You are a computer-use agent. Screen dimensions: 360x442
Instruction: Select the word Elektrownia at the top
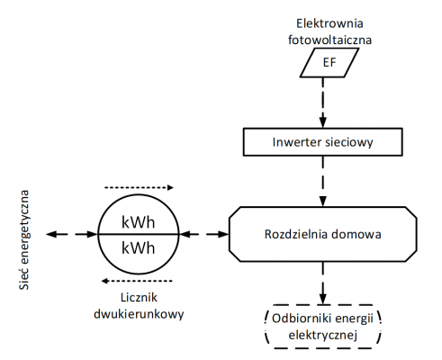pyautogui.click(x=321, y=22)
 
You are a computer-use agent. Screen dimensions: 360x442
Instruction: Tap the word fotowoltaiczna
pyautogui.click(x=321, y=39)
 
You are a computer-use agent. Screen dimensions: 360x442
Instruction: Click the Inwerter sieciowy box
pyautogui.click(x=322, y=141)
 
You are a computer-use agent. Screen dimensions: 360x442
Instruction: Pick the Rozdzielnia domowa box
pyautogui.click(x=322, y=234)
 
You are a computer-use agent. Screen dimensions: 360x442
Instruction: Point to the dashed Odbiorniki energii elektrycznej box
pyautogui.click(x=322, y=327)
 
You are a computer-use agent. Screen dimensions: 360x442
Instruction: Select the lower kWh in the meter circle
pyautogui.click(x=139, y=247)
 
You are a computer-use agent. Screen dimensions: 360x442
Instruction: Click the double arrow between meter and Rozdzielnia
pyautogui.click(x=204, y=234)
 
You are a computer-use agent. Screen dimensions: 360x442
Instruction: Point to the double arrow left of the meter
pyautogui.click(x=72, y=234)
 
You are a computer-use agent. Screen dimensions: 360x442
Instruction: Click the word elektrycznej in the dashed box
pyautogui.click(x=322, y=336)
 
